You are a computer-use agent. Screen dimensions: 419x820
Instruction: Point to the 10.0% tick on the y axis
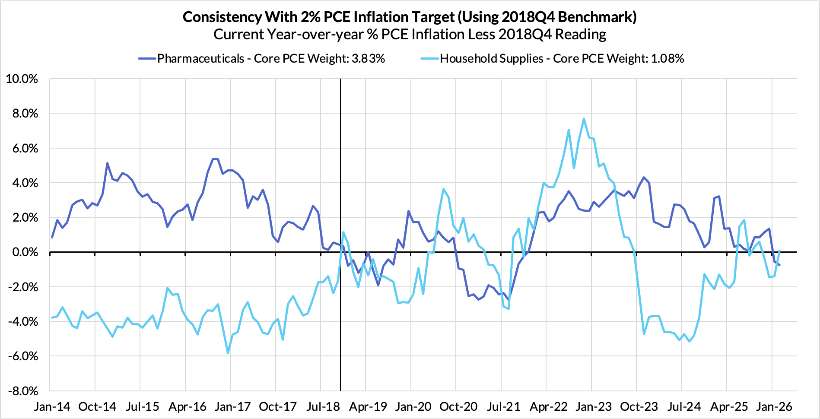22,79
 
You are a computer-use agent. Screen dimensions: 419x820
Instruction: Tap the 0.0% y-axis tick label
24,252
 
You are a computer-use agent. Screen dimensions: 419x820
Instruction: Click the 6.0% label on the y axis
24,149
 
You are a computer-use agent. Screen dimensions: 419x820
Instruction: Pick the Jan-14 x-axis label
52,407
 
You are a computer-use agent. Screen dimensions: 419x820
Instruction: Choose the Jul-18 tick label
323,407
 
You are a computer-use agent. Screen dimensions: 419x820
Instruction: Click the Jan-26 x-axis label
774,407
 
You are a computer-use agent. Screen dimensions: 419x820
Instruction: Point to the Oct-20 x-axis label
458,407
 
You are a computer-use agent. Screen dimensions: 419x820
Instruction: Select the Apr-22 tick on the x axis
549,407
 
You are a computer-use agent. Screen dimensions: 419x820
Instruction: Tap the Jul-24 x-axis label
684,407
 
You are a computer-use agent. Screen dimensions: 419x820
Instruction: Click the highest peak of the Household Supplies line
584,118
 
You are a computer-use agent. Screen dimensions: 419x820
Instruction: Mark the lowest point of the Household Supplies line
228,353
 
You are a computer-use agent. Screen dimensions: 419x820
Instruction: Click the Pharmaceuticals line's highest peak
215,159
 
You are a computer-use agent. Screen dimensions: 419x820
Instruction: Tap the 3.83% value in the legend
368,59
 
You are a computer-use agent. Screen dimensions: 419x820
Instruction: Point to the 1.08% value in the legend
667,59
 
